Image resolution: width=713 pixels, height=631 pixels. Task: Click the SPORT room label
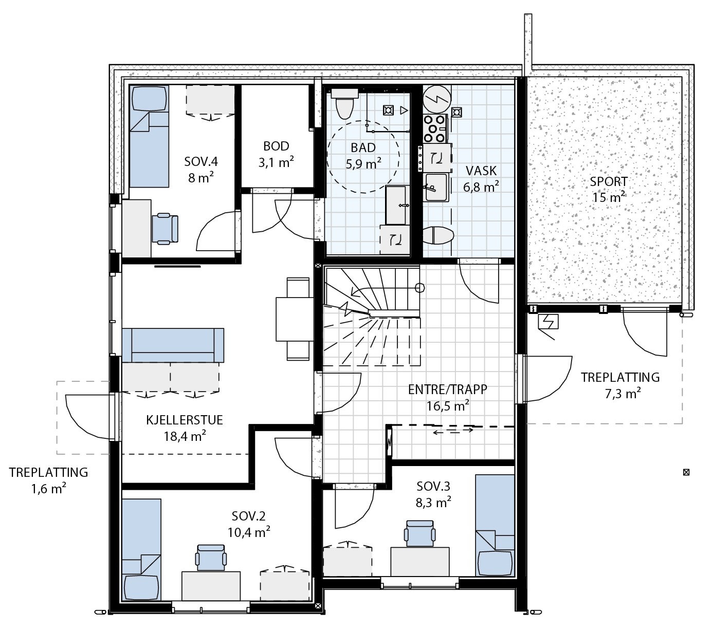[608, 181]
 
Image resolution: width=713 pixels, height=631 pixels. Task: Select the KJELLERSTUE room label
[184, 420]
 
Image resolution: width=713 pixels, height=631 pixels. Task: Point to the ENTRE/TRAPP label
[447, 389]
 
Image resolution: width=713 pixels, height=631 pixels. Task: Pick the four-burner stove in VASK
[434, 128]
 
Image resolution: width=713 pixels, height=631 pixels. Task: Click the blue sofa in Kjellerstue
[173, 345]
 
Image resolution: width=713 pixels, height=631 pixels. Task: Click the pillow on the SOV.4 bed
[149, 98]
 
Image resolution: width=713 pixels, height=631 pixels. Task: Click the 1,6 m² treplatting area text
[48, 488]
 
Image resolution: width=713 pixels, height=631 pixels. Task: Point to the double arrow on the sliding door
[453, 431]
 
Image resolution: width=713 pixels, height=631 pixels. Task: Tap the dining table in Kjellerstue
[293, 319]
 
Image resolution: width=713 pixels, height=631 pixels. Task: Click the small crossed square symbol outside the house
[685, 472]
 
